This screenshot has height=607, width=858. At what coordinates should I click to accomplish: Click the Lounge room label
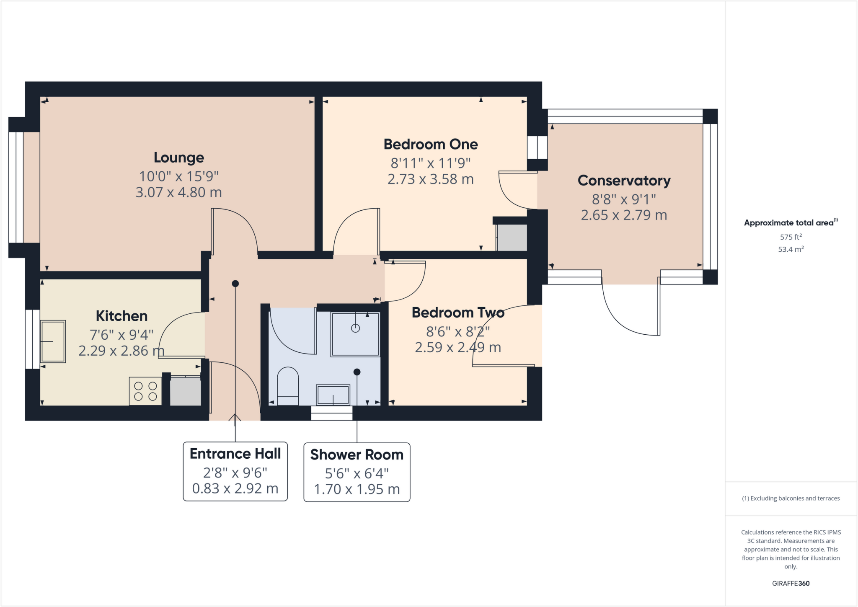(x=179, y=158)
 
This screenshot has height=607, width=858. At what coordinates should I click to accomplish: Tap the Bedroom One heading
(x=431, y=145)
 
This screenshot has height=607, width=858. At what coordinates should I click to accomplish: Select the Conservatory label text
(x=624, y=181)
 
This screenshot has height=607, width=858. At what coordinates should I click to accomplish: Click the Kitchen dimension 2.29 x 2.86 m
(x=121, y=351)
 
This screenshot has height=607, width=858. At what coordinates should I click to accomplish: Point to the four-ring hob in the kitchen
(x=145, y=391)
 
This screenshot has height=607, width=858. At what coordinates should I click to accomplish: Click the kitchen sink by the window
(x=53, y=341)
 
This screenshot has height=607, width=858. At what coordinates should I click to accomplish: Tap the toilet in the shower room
(x=288, y=386)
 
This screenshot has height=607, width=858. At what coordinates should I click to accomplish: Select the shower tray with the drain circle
(x=355, y=334)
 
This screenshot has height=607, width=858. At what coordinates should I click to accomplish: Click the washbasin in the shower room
(x=333, y=395)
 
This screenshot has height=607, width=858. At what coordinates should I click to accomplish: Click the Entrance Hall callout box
(x=235, y=471)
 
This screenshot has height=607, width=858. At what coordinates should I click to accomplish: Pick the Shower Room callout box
(x=357, y=472)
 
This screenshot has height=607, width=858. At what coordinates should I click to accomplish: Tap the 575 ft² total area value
(x=791, y=237)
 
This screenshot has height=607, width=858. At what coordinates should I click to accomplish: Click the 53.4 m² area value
(x=791, y=249)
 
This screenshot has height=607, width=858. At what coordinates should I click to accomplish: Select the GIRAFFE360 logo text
(x=791, y=583)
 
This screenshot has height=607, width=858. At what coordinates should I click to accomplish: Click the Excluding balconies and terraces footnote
(x=791, y=499)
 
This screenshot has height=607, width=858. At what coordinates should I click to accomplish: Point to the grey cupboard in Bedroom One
(x=512, y=238)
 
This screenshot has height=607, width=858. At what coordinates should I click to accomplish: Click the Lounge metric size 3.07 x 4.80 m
(x=179, y=192)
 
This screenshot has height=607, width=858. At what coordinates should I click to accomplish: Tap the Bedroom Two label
(x=458, y=313)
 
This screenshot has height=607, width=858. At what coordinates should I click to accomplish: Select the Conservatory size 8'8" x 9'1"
(x=624, y=199)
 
